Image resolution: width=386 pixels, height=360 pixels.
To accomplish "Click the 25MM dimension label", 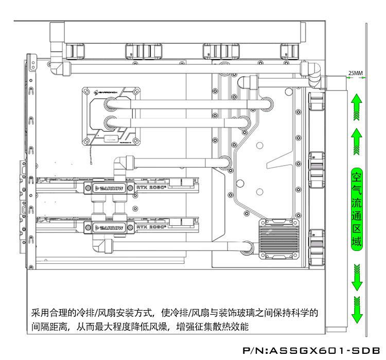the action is tap(356, 73).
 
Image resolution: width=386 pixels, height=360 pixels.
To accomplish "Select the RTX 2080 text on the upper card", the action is tap(151, 189).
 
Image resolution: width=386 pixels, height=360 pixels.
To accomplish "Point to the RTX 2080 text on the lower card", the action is tap(151, 228).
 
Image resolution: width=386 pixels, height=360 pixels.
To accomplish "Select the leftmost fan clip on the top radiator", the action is tap(76, 51).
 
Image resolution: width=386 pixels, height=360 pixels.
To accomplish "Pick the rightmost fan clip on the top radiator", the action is tap(289, 51).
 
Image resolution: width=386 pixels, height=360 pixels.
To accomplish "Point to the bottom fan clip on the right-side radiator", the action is tap(316, 246).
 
